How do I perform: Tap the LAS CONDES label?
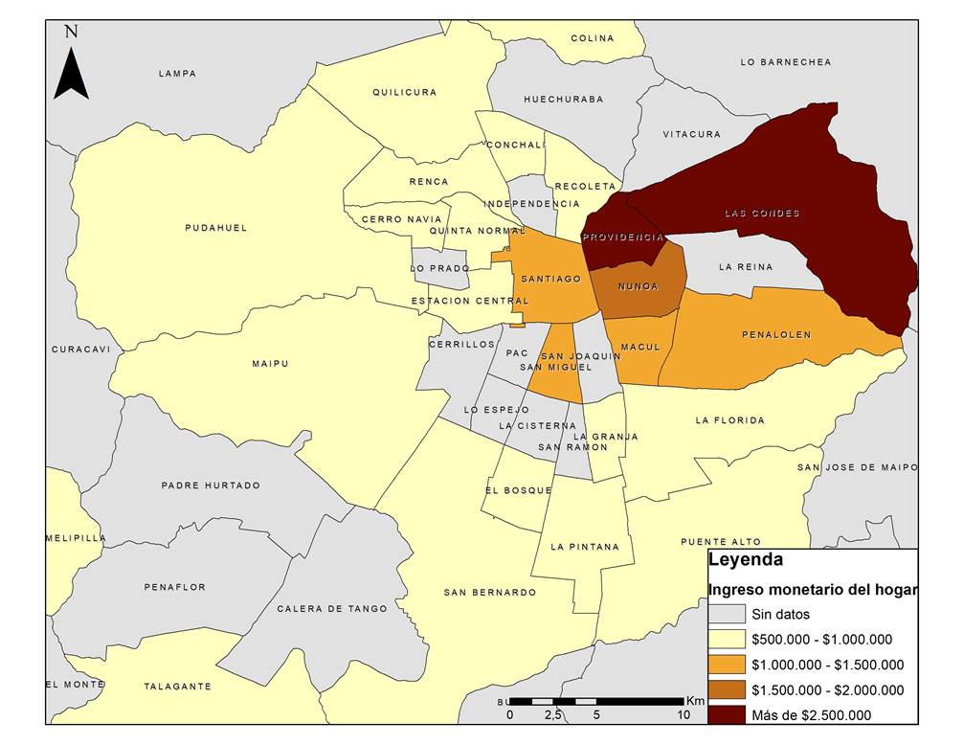(x=762, y=213)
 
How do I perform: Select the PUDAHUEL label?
(x=216, y=228)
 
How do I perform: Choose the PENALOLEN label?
(x=776, y=335)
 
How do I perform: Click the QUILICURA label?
(x=404, y=93)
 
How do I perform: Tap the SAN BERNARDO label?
(x=489, y=593)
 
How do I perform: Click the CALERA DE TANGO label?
(x=332, y=609)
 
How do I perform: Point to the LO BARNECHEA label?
(x=786, y=62)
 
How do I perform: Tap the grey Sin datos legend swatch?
(x=727, y=615)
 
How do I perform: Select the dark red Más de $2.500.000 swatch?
(x=727, y=714)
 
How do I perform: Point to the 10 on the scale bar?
(x=684, y=714)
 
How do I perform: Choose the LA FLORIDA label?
(x=729, y=420)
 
